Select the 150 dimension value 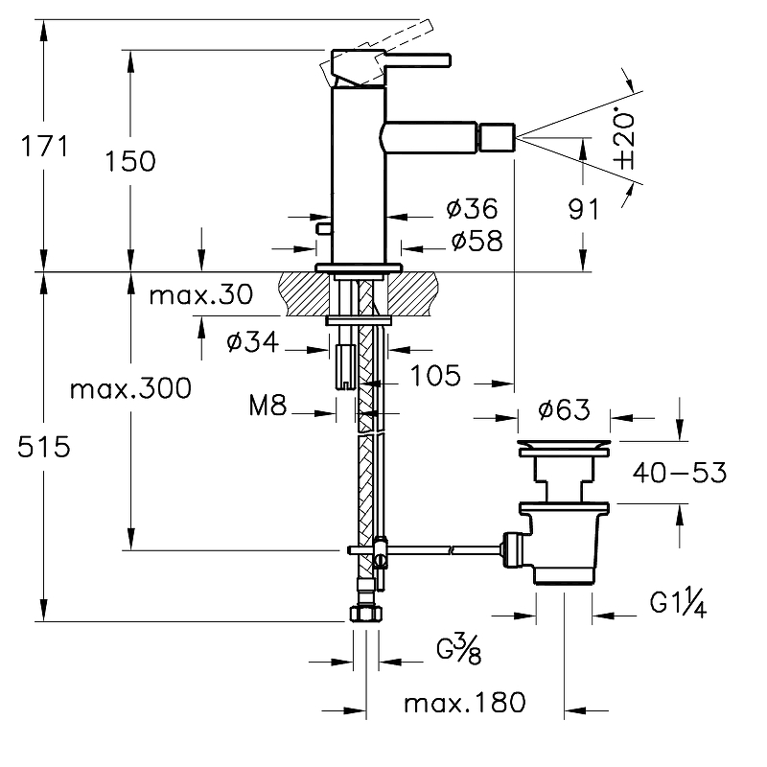coord(131,161)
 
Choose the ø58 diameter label coord(476,240)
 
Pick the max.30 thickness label coord(201,295)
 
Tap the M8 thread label coord(267,407)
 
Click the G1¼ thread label coord(678,605)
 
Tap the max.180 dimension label coord(464,704)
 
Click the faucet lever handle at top coord(417,59)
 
